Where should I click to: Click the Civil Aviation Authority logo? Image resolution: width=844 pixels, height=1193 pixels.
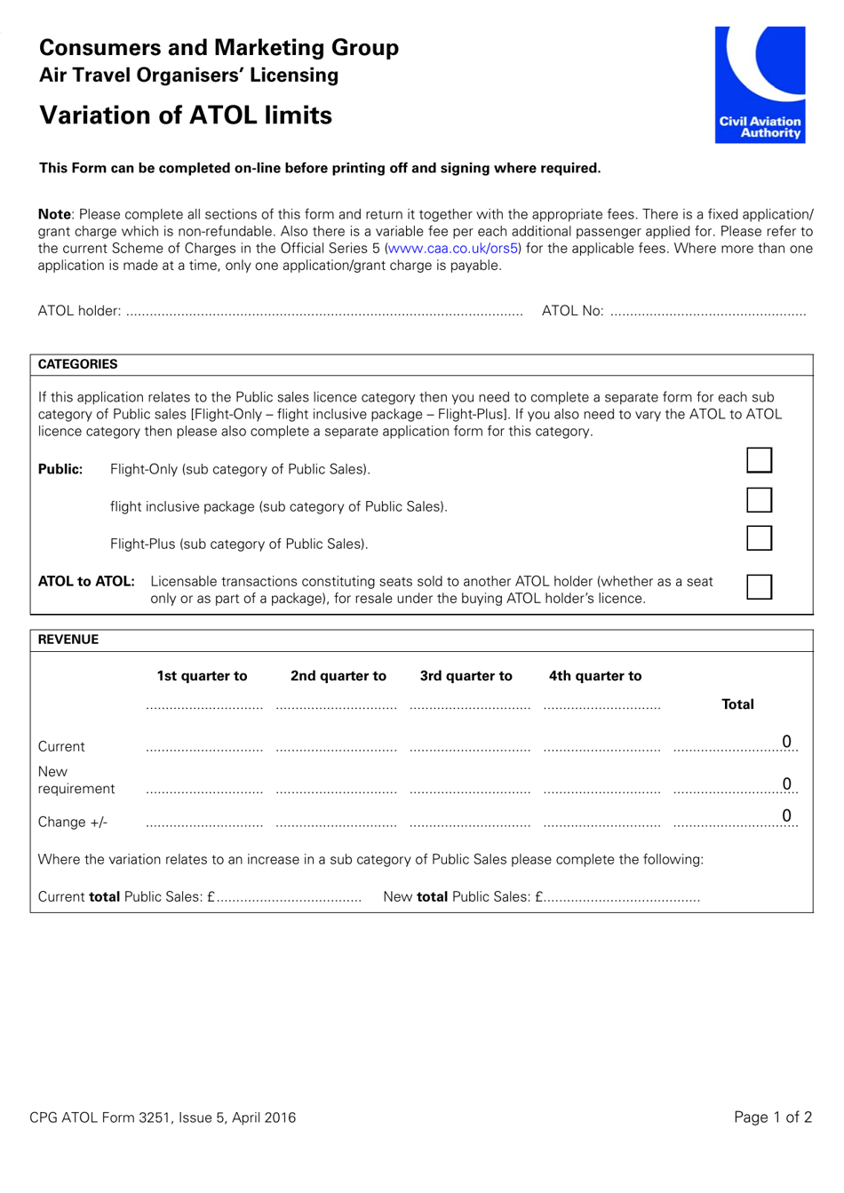pyautogui.click(x=760, y=84)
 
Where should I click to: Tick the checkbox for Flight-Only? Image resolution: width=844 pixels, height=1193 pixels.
pyautogui.click(x=759, y=460)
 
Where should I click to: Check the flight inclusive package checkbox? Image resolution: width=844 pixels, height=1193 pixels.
pyautogui.click(x=759, y=500)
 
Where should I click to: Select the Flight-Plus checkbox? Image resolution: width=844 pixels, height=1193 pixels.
pyautogui.click(x=759, y=538)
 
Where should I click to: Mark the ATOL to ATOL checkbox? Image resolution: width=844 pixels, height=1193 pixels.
pyautogui.click(x=759, y=586)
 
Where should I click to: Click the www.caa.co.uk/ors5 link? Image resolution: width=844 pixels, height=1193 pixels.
pyautogui.click(x=452, y=249)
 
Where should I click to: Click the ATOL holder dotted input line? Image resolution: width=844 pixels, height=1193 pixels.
pyautogui.click(x=324, y=312)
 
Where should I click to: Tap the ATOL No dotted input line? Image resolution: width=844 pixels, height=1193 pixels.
pyautogui.click(x=708, y=312)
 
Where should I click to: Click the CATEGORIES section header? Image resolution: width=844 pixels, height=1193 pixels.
pyautogui.click(x=77, y=364)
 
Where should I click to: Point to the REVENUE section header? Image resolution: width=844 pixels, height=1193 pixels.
pyautogui.click(x=68, y=640)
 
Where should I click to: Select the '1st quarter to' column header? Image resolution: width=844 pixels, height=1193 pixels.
pyautogui.click(x=202, y=676)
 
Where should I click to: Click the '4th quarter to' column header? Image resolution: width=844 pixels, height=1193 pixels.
pyautogui.click(x=594, y=676)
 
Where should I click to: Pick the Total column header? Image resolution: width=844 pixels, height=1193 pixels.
pyautogui.click(x=737, y=704)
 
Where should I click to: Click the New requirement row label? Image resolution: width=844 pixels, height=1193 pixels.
pyautogui.click(x=76, y=780)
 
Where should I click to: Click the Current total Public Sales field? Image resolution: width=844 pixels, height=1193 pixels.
pyautogui.click(x=289, y=897)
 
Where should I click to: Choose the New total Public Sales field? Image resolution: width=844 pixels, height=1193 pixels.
pyautogui.click(x=622, y=897)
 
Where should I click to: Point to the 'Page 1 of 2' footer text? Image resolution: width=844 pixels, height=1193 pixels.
pyautogui.click(x=772, y=1117)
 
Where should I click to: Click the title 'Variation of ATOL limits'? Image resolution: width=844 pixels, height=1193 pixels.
pyautogui.click(x=186, y=115)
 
